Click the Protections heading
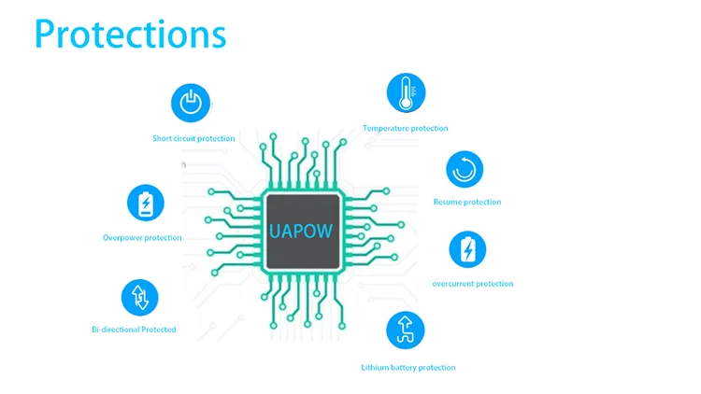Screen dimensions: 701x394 [130, 34]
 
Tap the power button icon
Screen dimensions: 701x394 [191, 103]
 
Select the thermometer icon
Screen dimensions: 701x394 [406, 93]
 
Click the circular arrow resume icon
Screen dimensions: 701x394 [465, 169]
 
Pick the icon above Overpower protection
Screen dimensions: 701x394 [145, 203]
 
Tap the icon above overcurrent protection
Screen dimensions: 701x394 [467, 249]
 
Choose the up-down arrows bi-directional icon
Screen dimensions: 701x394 [139, 298]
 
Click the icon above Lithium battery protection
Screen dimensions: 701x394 [405, 331]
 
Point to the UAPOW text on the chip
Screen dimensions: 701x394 [301, 231]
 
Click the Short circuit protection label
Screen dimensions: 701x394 [193, 138]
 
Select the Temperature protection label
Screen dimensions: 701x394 [405, 128]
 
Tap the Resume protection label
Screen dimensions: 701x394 [467, 202]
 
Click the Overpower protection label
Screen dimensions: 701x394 [142, 238]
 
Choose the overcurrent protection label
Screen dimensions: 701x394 [473, 284]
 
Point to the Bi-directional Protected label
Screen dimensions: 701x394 [134, 330]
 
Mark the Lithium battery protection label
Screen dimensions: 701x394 [408, 368]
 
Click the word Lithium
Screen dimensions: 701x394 [374, 368]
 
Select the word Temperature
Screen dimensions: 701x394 [385, 128]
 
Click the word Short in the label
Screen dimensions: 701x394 [162, 138]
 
